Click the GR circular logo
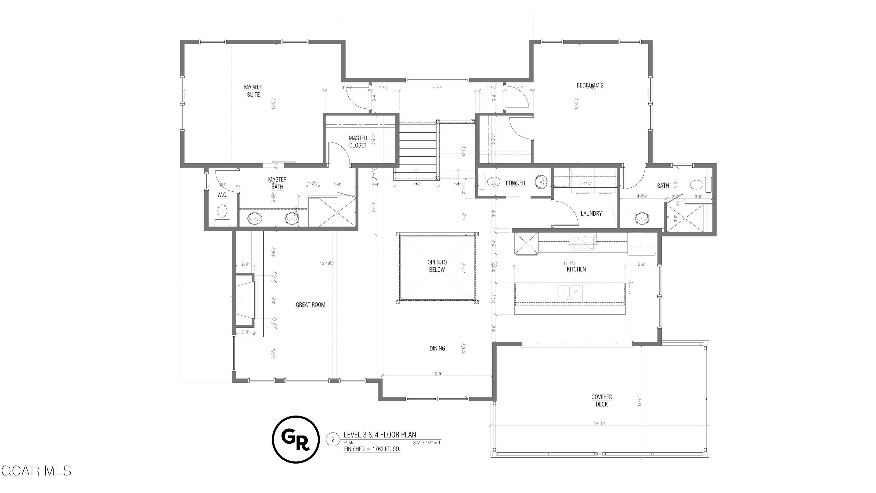[296, 439]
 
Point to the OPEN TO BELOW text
[437, 266]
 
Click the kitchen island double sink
[570, 292]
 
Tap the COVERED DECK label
[602, 400]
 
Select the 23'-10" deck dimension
[599, 423]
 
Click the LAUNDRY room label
[591, 214]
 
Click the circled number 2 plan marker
[333, 440]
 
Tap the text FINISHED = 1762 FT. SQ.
[372, 449]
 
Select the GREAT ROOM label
[310, 305]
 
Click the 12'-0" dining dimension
[437, 374]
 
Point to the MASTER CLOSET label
[358, 141]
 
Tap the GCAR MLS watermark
[36, 471]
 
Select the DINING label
[437, 348]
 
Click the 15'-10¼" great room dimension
[326, 263]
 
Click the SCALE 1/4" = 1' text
[427, 443]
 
